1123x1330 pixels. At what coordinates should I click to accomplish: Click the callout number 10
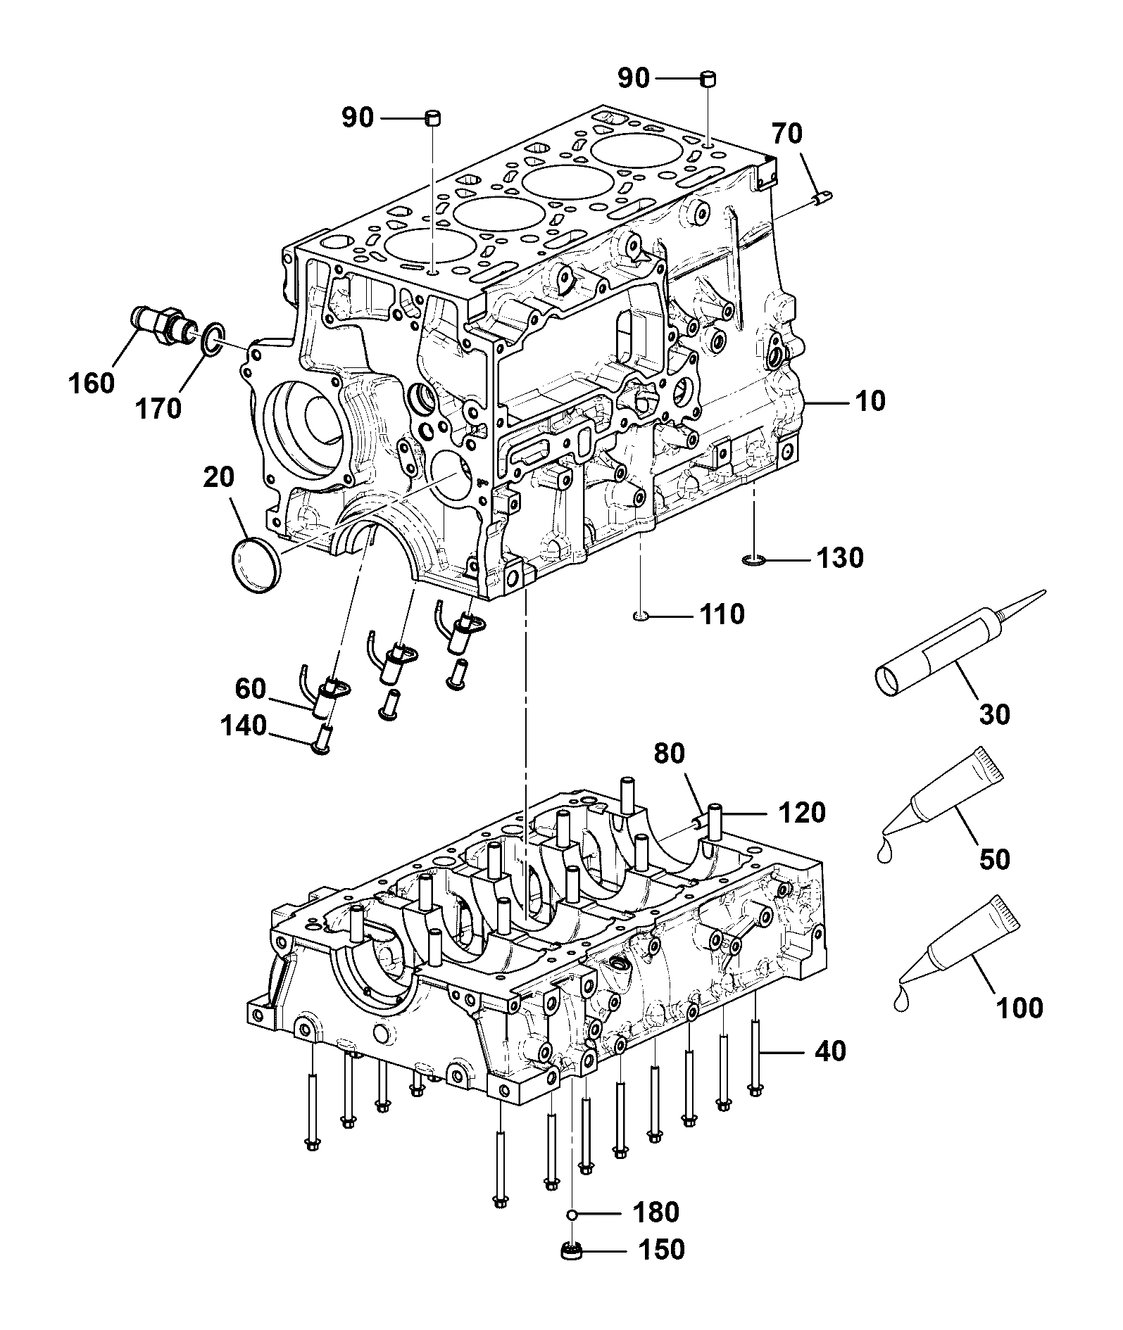pyautogui.click(x=870, y=401)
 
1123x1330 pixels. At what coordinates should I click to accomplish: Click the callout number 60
pyautogui.click(x=250, y=689)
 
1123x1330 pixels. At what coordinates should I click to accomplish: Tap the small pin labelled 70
pyautogui.click(x=822, y=199)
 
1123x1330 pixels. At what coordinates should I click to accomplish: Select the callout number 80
pyautogui.click(x=669, y=753)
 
